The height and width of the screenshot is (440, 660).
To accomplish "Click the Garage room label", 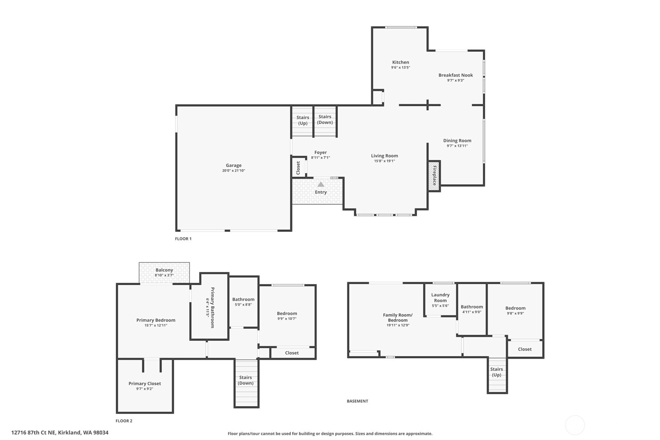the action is click(x=234, y=165).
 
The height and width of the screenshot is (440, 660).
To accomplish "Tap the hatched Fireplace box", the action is click(x=434, y=176).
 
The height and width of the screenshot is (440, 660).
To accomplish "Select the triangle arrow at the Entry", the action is click(x=321, y=184).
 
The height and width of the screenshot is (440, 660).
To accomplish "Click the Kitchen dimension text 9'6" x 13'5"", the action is click(x=401, y=67).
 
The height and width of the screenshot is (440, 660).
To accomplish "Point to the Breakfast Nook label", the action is click(x=455, y=75).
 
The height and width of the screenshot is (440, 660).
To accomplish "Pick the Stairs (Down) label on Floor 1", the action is click(x=325, y=119).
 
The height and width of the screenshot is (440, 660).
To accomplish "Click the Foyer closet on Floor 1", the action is click(x=298, y=167).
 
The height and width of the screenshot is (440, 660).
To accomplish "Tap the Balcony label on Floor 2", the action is click(x=164, y=270).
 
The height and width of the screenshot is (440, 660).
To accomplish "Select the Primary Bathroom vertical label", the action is click(x=212, y=307).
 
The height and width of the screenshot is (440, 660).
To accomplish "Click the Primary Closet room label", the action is click(x=145, y=384).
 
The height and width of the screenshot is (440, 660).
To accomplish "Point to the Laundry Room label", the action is click(x=440, y=298).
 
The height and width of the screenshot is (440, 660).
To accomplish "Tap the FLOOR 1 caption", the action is click(x=183, y=239).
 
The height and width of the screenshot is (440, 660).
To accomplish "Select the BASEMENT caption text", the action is click(x=357, y=401).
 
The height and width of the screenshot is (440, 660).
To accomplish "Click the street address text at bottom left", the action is click(x=60, y=433).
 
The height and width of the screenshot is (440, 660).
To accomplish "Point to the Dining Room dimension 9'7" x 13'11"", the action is click(x=457, y=146).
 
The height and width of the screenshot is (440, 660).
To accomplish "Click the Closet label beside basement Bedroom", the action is click(x=525, y=349).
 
